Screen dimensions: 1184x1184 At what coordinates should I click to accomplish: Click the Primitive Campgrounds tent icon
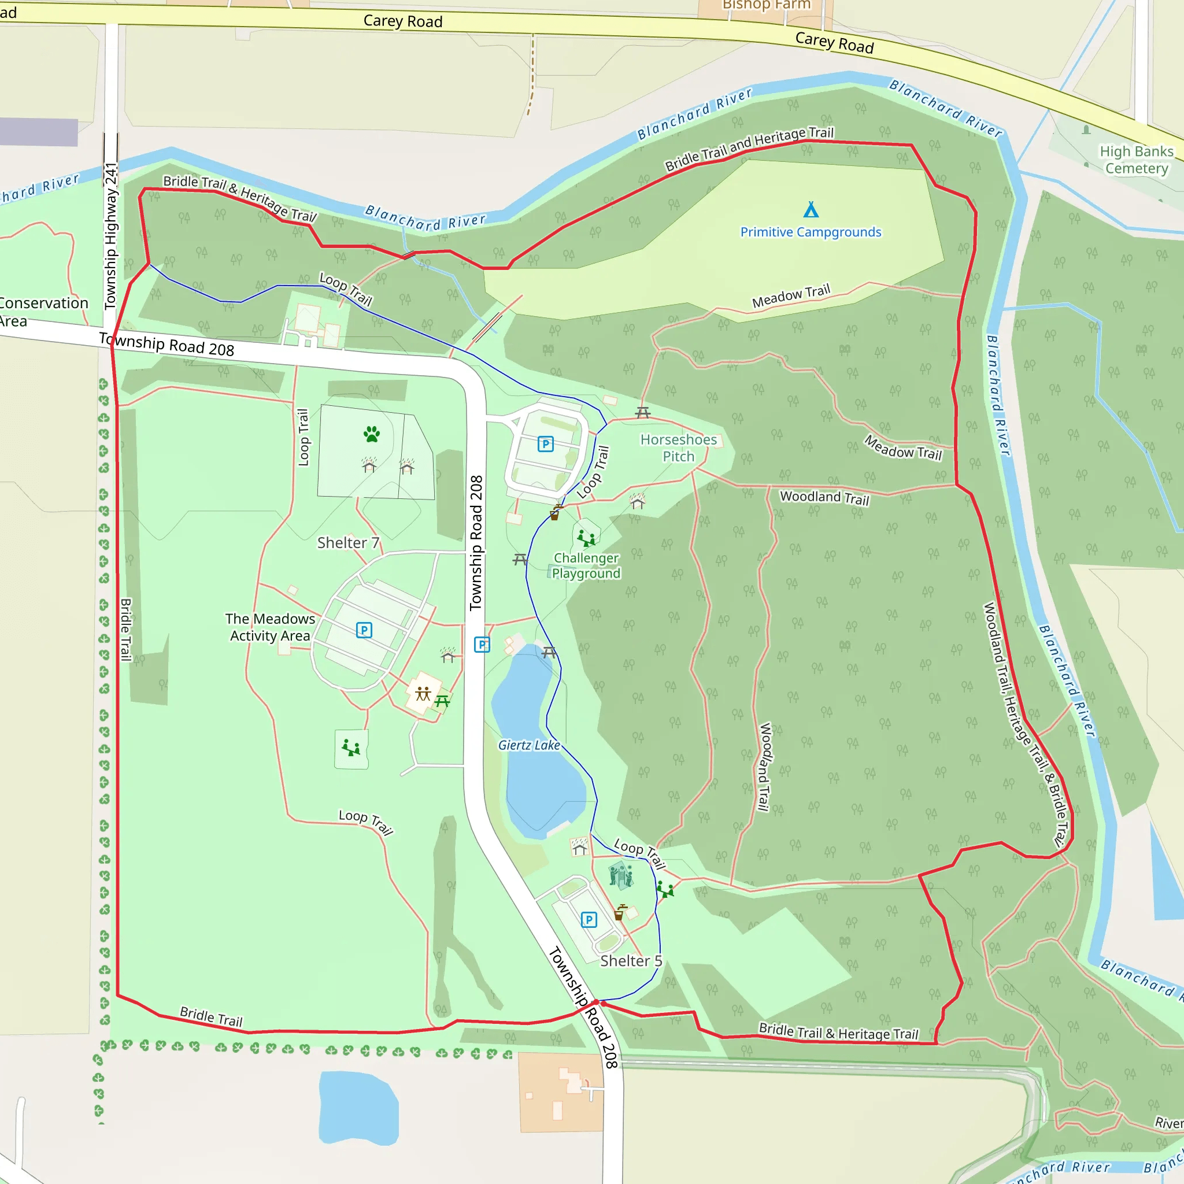(811, 210)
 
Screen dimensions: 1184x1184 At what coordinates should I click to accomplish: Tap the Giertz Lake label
(529, 745)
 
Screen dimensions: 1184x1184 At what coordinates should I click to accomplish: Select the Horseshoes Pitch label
(678, 448)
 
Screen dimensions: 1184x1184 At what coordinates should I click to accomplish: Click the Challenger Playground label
(586, 565)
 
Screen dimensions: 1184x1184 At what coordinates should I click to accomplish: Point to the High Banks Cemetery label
(1136, 160)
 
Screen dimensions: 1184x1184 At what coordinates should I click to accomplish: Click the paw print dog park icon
(371, 434)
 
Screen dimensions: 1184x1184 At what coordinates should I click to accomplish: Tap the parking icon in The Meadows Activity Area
(364, 630)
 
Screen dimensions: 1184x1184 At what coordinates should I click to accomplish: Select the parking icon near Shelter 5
(589, 919)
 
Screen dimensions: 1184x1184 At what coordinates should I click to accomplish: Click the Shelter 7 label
(348, 543)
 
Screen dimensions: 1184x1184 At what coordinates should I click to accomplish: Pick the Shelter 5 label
(631, 961)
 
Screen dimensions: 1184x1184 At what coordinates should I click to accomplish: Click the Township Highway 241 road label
(111, 236)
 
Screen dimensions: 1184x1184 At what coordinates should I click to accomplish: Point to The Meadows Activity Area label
(269, 627)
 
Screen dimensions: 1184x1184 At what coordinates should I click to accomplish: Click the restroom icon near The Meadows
(423, 694)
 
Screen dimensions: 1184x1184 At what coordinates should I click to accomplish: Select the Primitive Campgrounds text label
(811, 232)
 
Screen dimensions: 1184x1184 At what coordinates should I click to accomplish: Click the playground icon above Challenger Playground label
(586, 538)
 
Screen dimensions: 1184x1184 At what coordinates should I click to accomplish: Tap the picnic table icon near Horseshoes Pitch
(643, 412)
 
